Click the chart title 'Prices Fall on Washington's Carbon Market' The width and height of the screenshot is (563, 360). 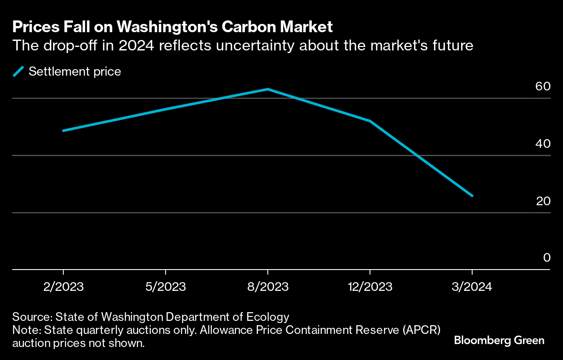point(172,27)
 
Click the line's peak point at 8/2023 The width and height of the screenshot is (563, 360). point(268,89)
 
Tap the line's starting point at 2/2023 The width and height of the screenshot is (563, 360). point(63,130)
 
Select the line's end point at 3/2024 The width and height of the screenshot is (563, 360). point(472,196)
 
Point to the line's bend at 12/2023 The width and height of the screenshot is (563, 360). point(370,121)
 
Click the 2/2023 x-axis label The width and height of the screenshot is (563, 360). point(63,287)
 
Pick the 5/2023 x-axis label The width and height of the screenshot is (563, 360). point(166,287)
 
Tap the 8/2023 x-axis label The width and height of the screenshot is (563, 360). point(268,287)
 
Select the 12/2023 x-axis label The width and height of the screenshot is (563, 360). point(370,287)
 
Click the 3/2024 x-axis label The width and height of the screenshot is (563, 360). point(472,287)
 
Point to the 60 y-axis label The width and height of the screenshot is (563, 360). point(543,86)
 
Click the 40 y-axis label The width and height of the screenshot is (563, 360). point(543,143)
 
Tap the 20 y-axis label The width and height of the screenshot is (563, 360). point(543,201)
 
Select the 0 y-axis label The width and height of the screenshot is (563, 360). point(547,258)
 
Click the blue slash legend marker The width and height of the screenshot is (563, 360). point(18,71)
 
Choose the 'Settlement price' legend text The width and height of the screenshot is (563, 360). point(75,71)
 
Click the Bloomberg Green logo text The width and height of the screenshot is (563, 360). point(499,340)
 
